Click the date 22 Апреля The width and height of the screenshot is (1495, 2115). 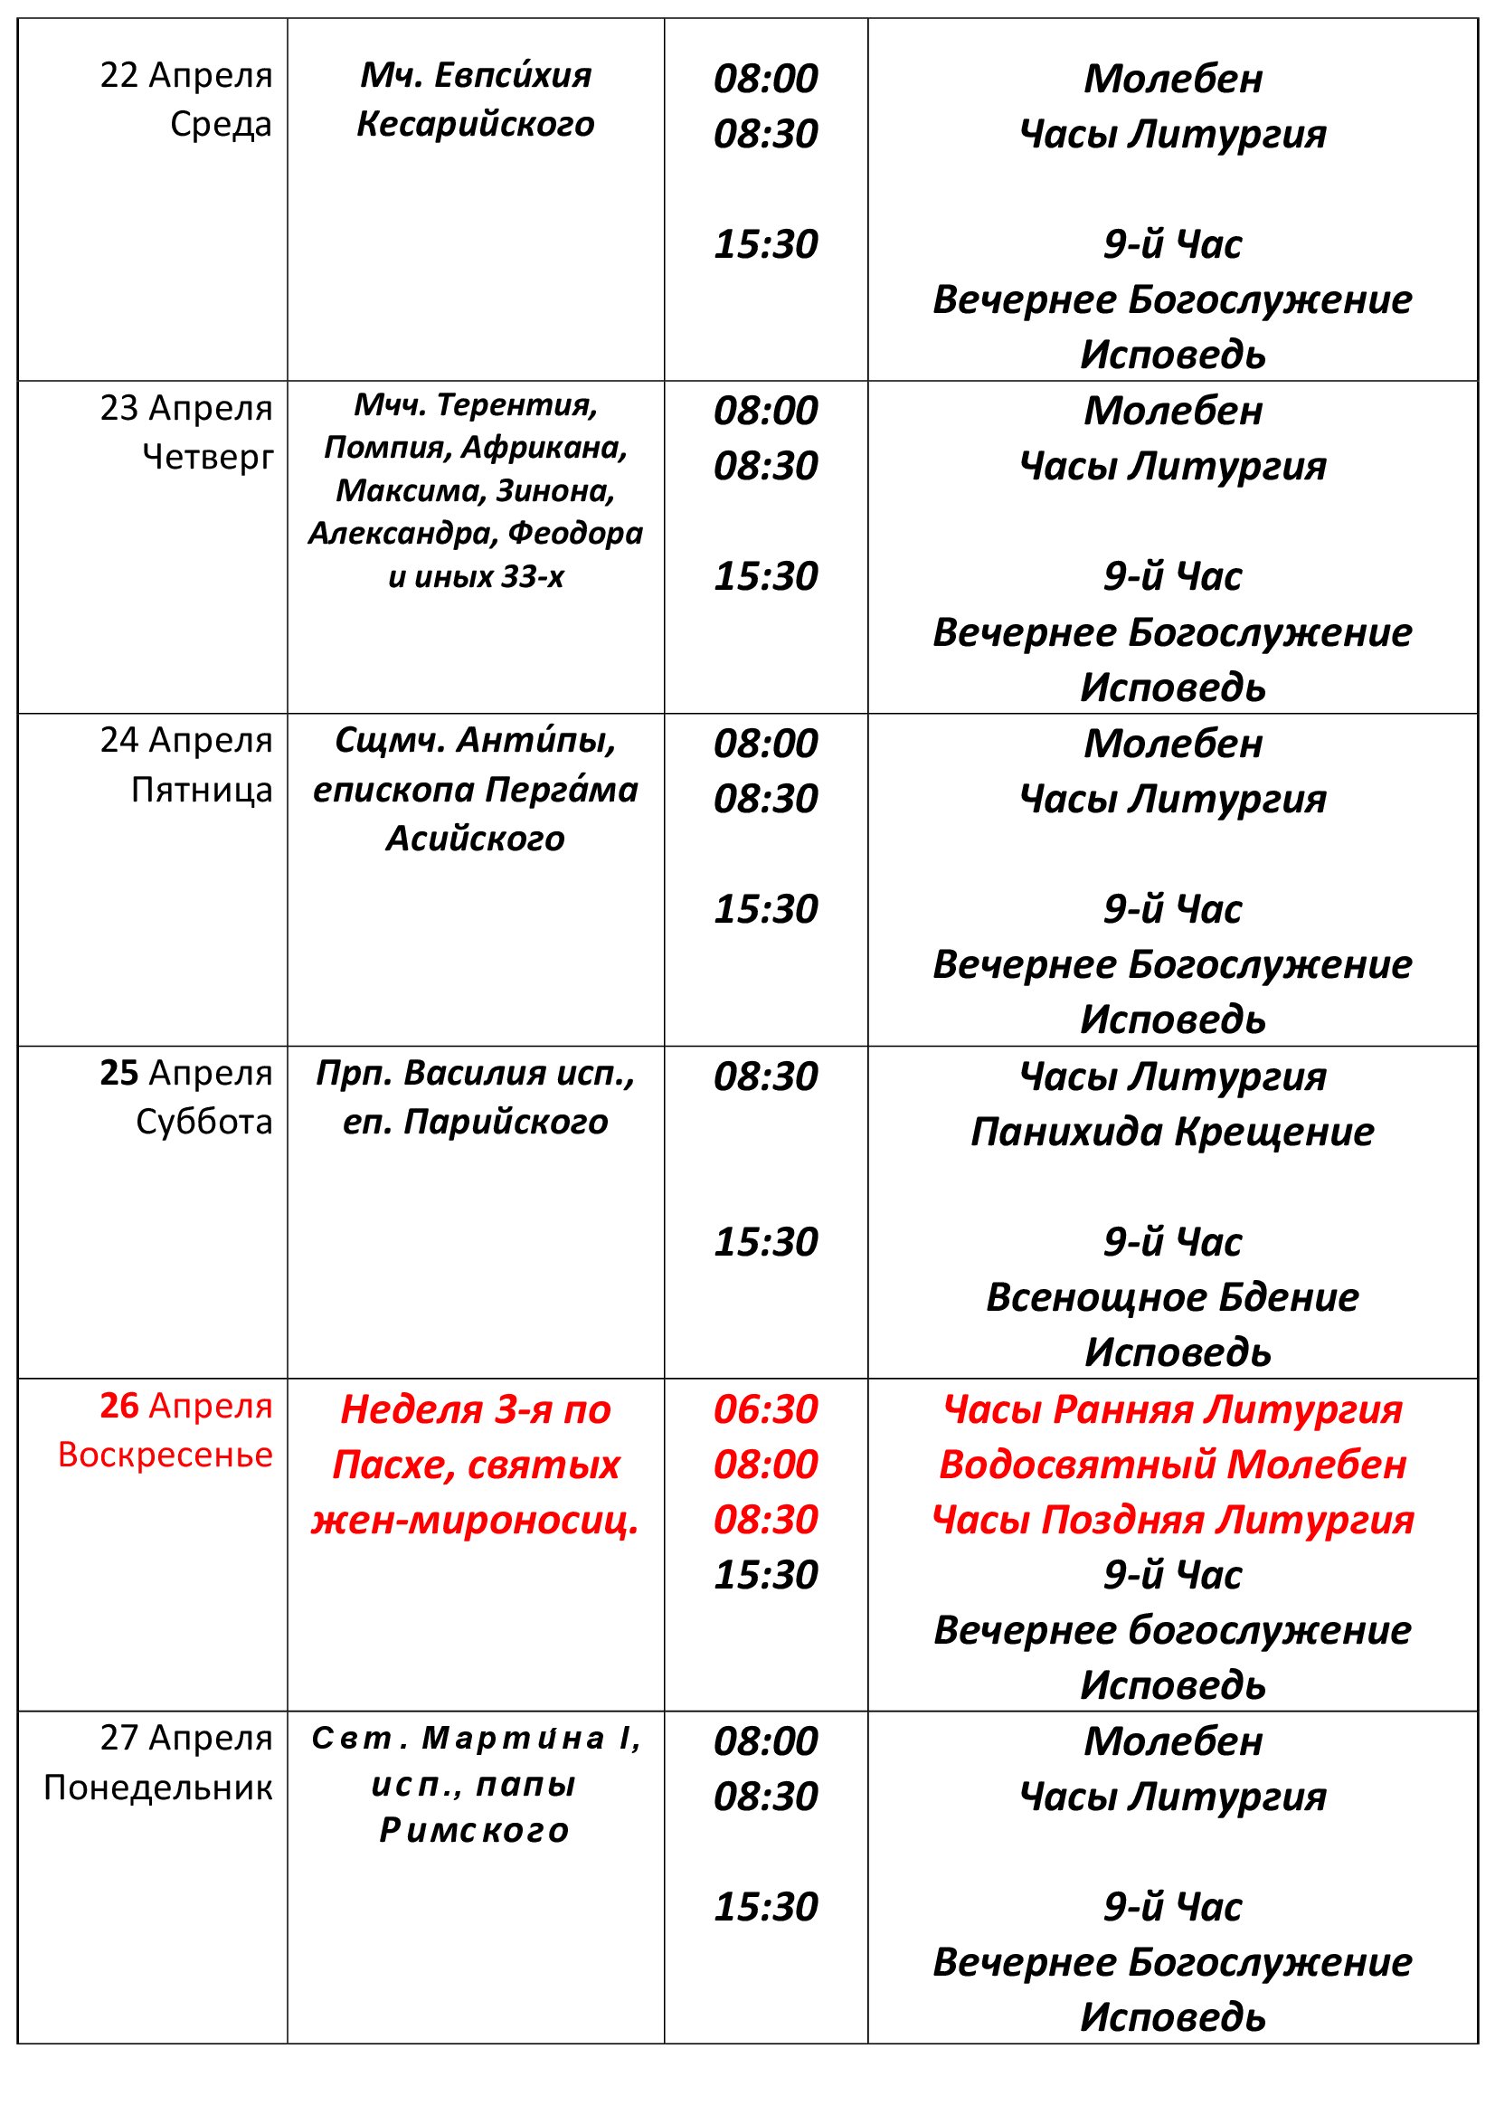pos(186,76)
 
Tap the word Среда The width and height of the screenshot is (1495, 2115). pos(221,124)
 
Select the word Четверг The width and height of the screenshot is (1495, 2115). pos(208,456)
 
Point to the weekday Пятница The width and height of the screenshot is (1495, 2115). pos(202,790)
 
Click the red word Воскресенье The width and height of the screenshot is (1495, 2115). pos(165,1455)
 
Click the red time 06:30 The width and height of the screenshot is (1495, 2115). pos(765,1409)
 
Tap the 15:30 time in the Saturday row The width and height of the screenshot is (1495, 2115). pos(765,1242)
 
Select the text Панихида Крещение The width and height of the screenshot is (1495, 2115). pos(1172,1131)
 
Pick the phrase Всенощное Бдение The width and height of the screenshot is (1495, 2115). pos(1172,1297)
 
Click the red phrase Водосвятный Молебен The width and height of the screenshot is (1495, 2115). pos(1172,1465)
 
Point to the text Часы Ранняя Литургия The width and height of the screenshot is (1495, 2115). pos(1172,1409)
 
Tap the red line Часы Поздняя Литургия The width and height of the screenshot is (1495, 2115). pos(1172,1520)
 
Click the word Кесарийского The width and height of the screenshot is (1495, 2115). pos(476,124)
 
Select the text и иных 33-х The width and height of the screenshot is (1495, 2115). pos(476,576)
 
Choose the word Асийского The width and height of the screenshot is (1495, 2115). pos(476,839)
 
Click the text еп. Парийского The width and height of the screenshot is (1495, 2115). pos(476,1122)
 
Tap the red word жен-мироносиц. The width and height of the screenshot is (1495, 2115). pos(476,1520)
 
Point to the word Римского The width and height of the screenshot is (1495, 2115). pos(476,1829)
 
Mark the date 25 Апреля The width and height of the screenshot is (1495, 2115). pos(186,1073)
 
